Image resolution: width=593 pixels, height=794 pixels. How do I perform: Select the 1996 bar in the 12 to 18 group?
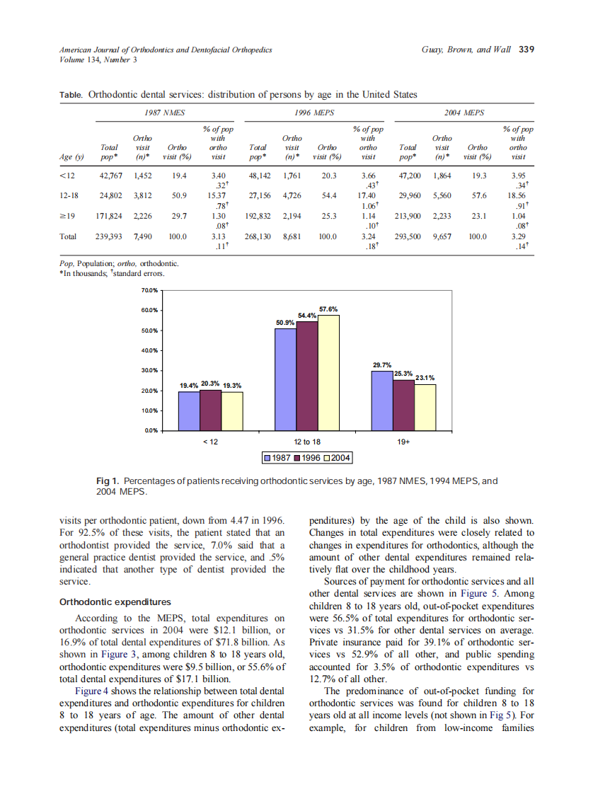pos(307,376)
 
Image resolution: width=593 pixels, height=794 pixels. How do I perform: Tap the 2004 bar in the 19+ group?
pos(425,407)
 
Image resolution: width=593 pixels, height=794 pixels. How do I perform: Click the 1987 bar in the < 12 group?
pos(189,410)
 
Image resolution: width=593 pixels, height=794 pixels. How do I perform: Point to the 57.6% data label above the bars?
pos(328,309)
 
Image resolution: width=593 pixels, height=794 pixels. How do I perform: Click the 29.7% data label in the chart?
pos(382,364)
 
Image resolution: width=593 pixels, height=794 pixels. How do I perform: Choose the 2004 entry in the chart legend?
pos(336,458)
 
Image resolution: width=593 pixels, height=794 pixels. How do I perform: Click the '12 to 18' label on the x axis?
pos(307,442)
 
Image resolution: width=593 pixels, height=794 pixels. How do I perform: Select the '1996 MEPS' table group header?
pos(315,113)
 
